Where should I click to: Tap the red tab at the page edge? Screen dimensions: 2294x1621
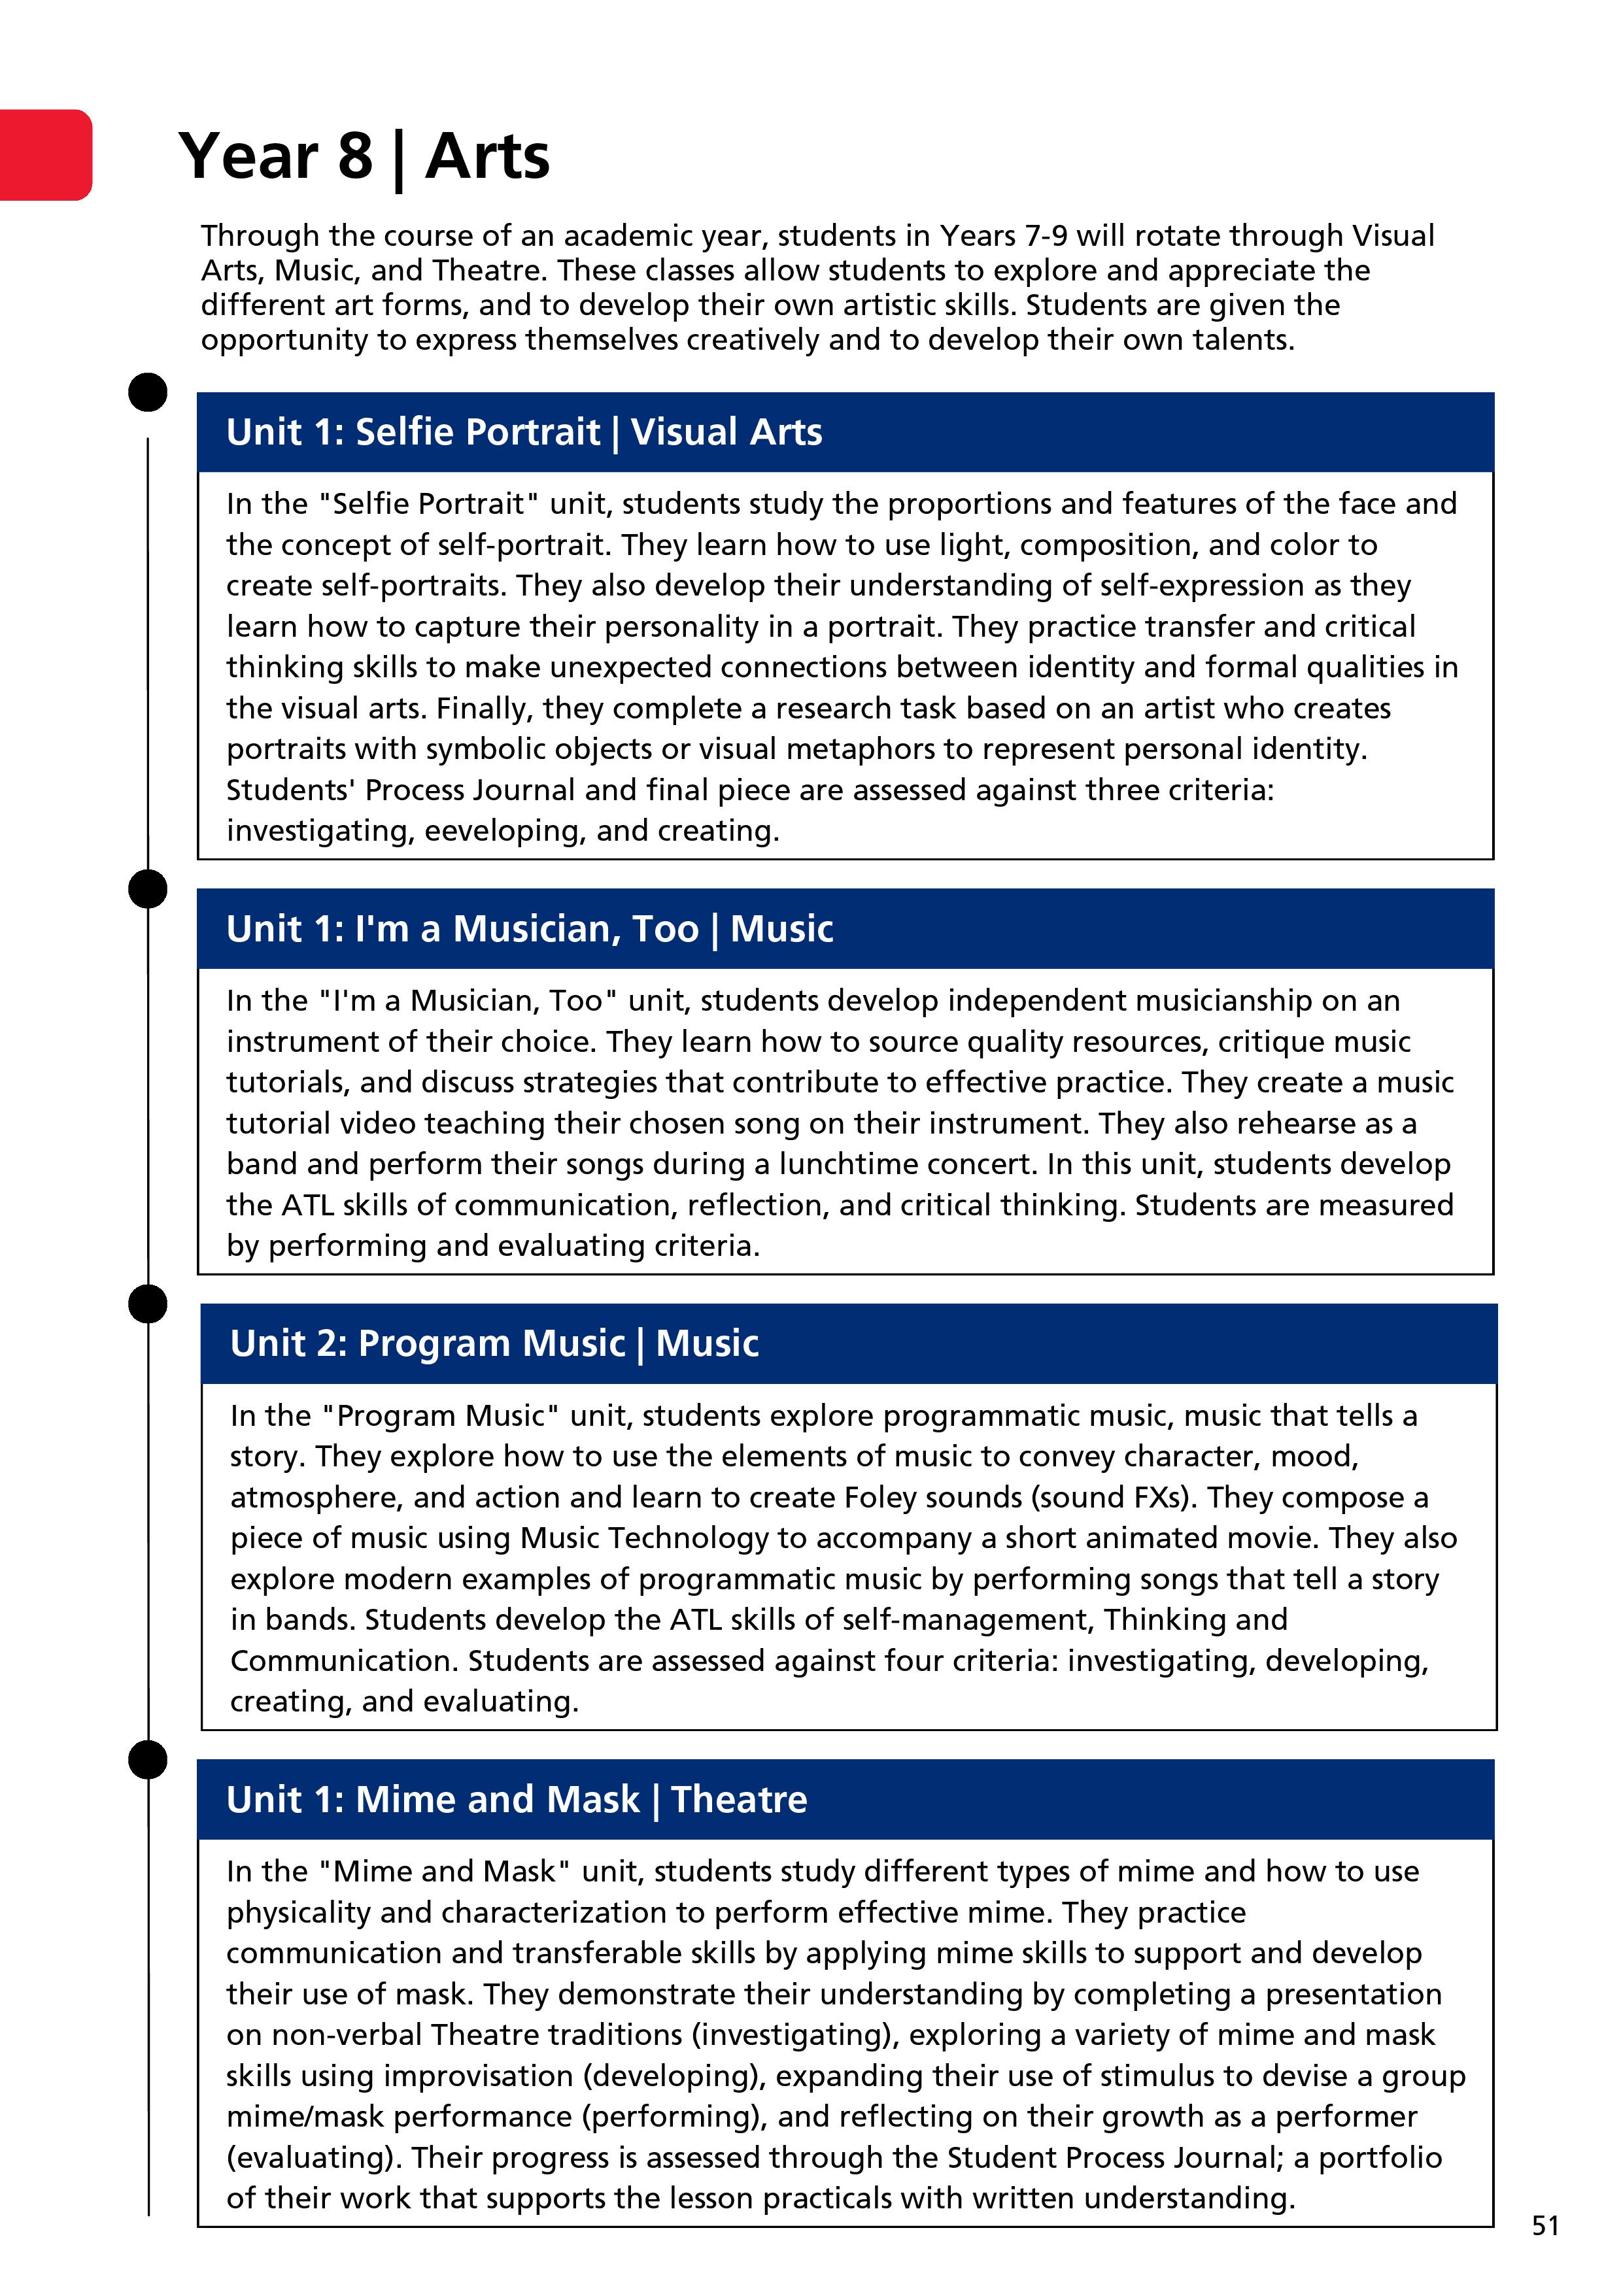[45, 155]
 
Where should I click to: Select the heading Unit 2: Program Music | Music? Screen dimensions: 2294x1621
[494, 1343]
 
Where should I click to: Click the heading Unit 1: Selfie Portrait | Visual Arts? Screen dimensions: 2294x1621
[524, 431]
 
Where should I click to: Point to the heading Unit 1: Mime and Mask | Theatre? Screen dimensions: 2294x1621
[516, 1798]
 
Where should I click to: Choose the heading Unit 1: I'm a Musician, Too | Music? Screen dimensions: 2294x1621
[529, 928]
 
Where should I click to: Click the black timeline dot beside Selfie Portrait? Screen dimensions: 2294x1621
[148, 392]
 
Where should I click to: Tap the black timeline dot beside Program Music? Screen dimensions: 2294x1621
[148, 1304]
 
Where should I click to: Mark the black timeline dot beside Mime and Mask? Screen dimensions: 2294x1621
[148, 1759]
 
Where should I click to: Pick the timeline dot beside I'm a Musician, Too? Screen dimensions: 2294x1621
[148, 888]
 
